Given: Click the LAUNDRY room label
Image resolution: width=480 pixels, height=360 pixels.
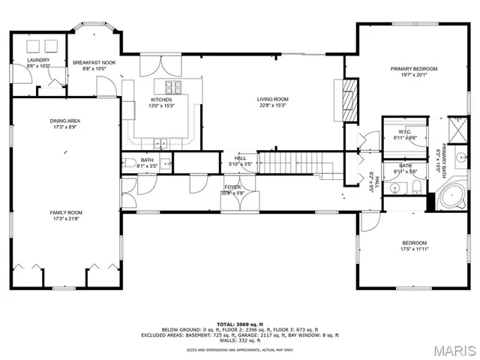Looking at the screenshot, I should pyautogui.click(x=38, y=60).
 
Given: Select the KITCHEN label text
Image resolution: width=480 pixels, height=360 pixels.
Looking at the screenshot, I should pyautogui.click(x=161, y=100).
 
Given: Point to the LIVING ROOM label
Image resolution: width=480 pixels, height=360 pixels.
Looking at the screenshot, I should pyautogui.click(x=272, y=99).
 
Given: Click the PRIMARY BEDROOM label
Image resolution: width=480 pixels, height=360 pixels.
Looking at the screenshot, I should pyautogui.click(x=413, y=68).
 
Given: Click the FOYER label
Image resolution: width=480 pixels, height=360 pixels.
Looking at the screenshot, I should pyautogui.click(x=232, y=187).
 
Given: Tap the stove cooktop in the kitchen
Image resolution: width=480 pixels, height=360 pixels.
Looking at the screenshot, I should pyautogui.click(x=170, y=85).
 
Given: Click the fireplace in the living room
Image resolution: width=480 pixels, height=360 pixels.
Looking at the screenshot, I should pyautogui.click(x=347, y=94).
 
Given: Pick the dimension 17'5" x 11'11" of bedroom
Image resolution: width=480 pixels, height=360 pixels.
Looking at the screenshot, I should pyautogui.click(x=414, y=249).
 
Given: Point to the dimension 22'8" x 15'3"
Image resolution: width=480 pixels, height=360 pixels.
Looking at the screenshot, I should pyautogui.click(x=272, y=105).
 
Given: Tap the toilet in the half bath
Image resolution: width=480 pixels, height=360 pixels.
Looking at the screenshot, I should pyautogui.click(x=128, y=162).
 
